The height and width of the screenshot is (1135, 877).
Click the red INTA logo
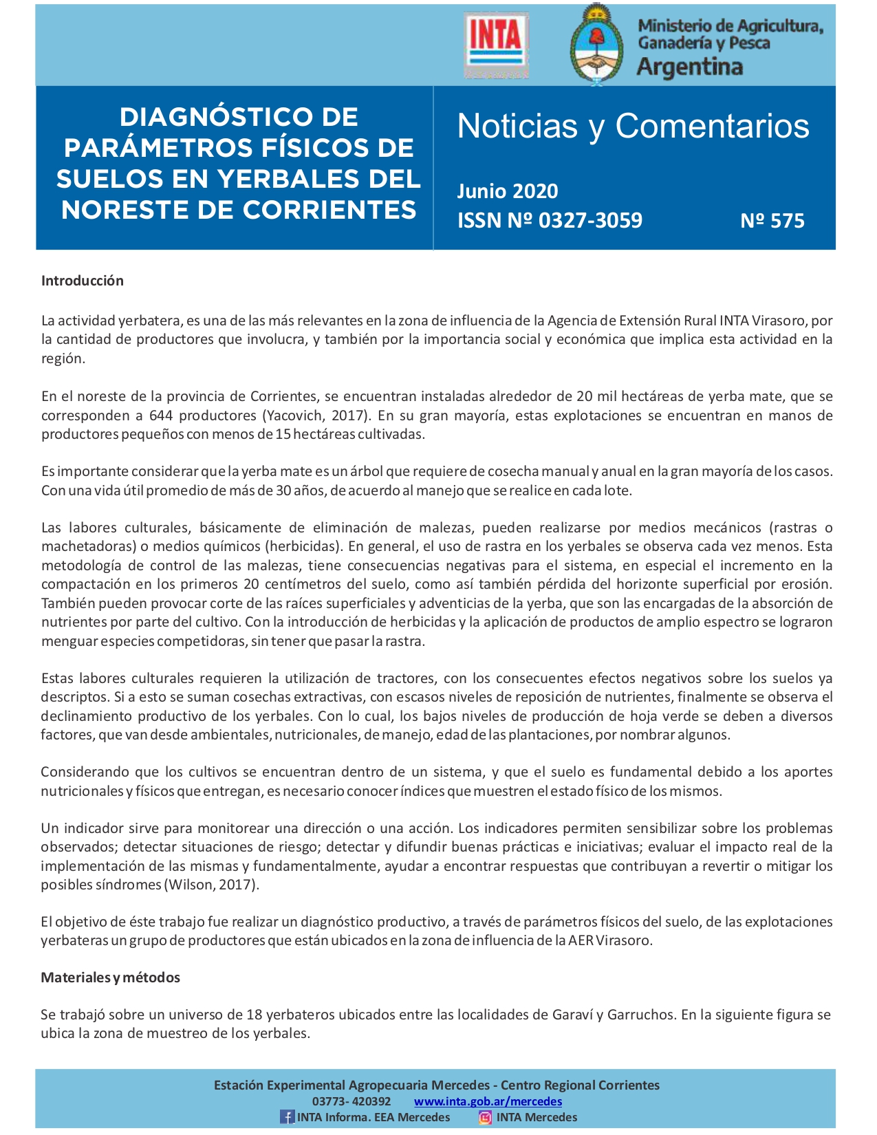(496, 43)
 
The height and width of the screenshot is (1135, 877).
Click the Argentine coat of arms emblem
(596, 45)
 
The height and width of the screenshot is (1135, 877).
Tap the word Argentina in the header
(689, 67)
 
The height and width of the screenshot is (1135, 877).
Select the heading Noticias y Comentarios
(633, 126)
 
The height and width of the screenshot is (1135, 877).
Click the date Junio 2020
(508, 191)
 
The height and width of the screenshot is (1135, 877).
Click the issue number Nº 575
(772, 220)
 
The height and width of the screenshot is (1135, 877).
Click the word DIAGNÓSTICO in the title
(239, 117)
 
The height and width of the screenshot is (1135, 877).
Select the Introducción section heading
(83, 281)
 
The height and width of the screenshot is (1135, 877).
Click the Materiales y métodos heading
(111, 977)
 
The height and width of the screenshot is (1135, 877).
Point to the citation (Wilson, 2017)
(211, 885)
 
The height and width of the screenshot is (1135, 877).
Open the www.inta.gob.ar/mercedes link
(488, 1101)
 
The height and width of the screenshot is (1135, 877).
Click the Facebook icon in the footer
(286, 1117)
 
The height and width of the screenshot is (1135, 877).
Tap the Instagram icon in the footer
(485, 1117)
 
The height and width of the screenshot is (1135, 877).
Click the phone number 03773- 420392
(351, 1101)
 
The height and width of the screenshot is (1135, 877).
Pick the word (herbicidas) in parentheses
(305, 547)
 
